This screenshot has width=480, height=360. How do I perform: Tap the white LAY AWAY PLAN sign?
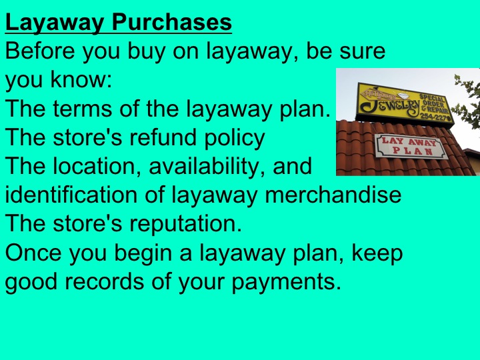(x=409, y=145)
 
